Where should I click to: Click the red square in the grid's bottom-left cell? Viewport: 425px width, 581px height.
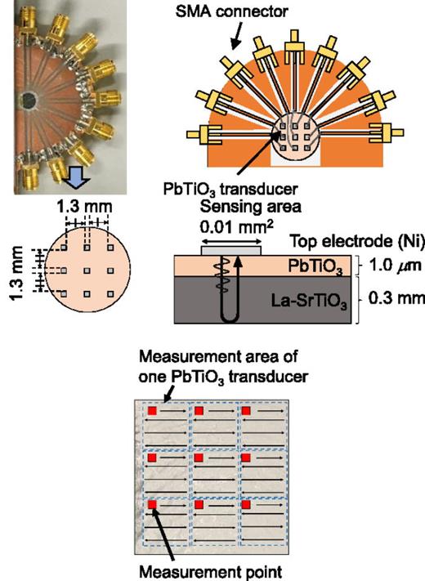(x=151, y=507)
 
